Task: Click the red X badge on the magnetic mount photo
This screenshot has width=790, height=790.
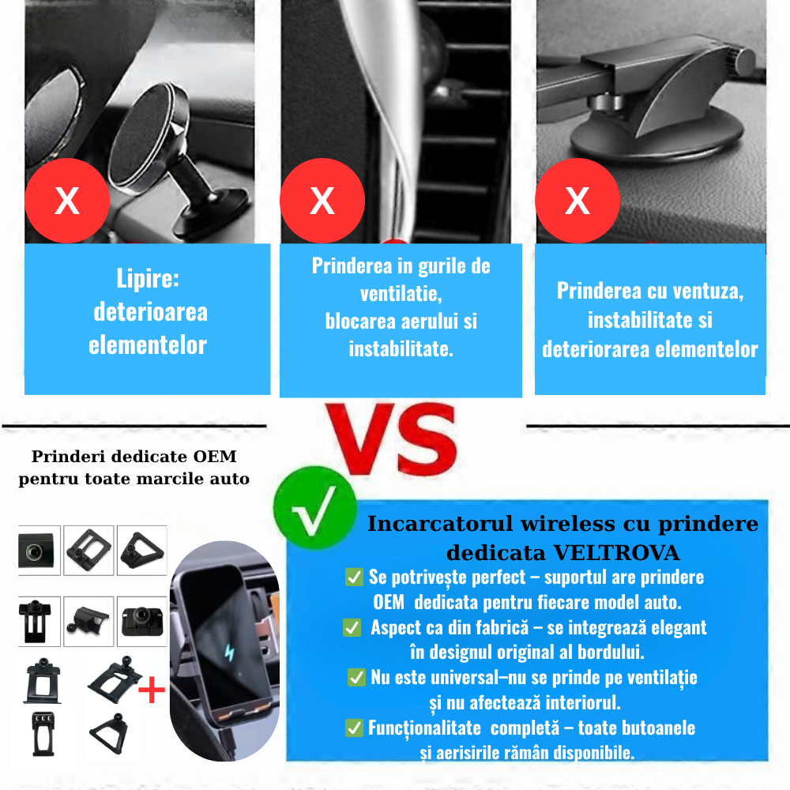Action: [66, 201]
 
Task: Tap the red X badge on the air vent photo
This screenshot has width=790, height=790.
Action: [322, 201]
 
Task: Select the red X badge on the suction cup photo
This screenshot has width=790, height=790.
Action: [577, 201]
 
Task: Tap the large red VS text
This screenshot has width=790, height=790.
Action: [393, 439]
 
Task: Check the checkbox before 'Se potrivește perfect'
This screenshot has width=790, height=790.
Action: [355, 577]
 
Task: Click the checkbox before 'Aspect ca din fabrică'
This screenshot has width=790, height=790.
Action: [352, 628]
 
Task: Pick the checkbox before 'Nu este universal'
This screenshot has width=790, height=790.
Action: [356, 678]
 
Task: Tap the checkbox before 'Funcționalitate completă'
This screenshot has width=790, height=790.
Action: [355, 728]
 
